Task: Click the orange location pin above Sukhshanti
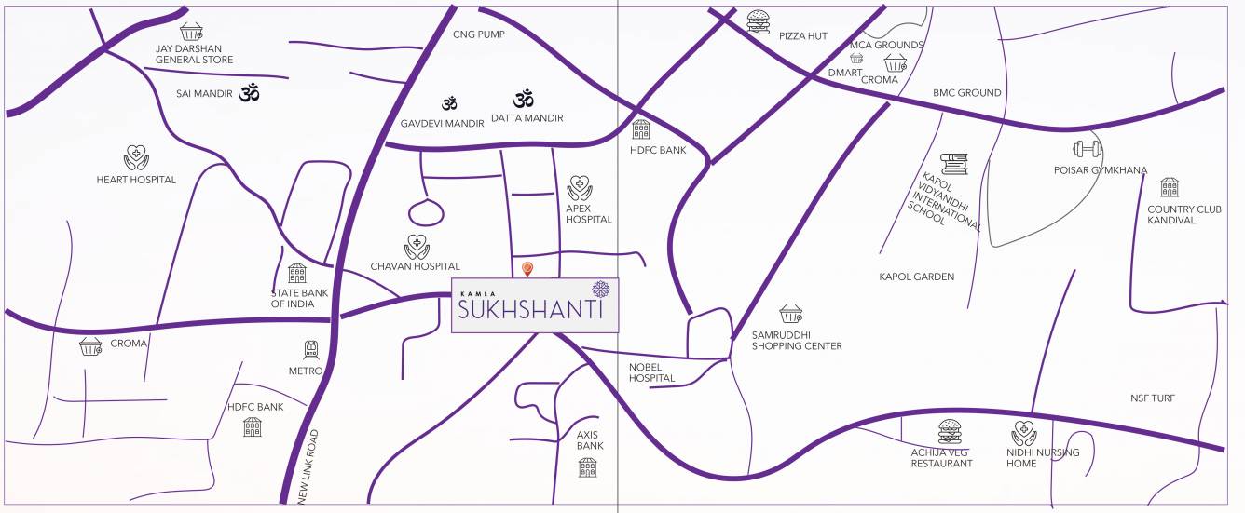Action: coord(527,270)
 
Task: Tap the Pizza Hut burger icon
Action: coord(758,20)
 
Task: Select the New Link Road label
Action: coord(308,466)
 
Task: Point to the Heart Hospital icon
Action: coord(135,157)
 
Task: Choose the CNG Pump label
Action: coord(478,35)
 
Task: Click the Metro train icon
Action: coord(310,350)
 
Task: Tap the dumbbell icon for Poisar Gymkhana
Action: coord(1088,148)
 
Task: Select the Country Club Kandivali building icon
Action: coord(1170,187)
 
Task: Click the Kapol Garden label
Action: coord(916,277)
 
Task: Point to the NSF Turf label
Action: coord(1153,398)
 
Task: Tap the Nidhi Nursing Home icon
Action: coord(1024,433)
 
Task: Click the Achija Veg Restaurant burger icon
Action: coord(950,431)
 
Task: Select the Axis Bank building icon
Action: coord(587,467)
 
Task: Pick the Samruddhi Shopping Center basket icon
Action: coord(790,315)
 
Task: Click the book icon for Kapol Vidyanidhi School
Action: coord(953,165)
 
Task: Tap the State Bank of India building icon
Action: coord(297,274)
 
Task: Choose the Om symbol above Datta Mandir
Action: coord(523,98)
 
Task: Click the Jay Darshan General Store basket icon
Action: coord(192,31)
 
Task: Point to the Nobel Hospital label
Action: coord(651,372)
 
